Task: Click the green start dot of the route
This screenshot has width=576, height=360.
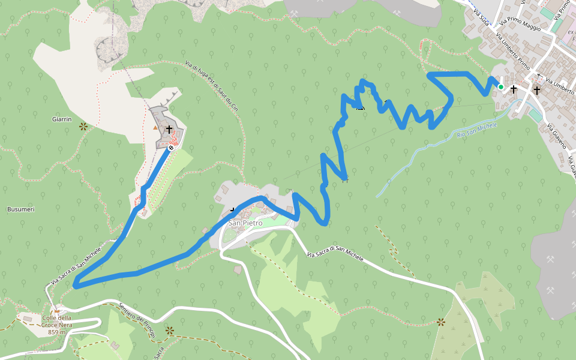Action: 501,87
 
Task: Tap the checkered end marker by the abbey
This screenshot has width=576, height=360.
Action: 171,147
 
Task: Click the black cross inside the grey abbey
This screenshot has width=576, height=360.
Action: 169,129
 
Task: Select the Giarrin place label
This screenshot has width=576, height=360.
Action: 62,119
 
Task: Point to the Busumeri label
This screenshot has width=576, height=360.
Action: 20,209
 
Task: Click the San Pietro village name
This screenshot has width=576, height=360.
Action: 245,223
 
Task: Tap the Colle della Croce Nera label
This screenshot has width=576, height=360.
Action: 57,321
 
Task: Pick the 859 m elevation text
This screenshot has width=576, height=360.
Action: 57,332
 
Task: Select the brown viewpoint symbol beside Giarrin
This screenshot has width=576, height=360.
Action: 83,127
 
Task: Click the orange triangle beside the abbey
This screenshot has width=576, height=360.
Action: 155,127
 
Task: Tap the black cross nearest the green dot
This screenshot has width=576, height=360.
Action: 514,89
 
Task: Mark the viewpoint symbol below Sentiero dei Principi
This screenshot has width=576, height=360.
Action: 169,330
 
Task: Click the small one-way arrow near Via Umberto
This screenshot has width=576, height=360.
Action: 538,76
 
